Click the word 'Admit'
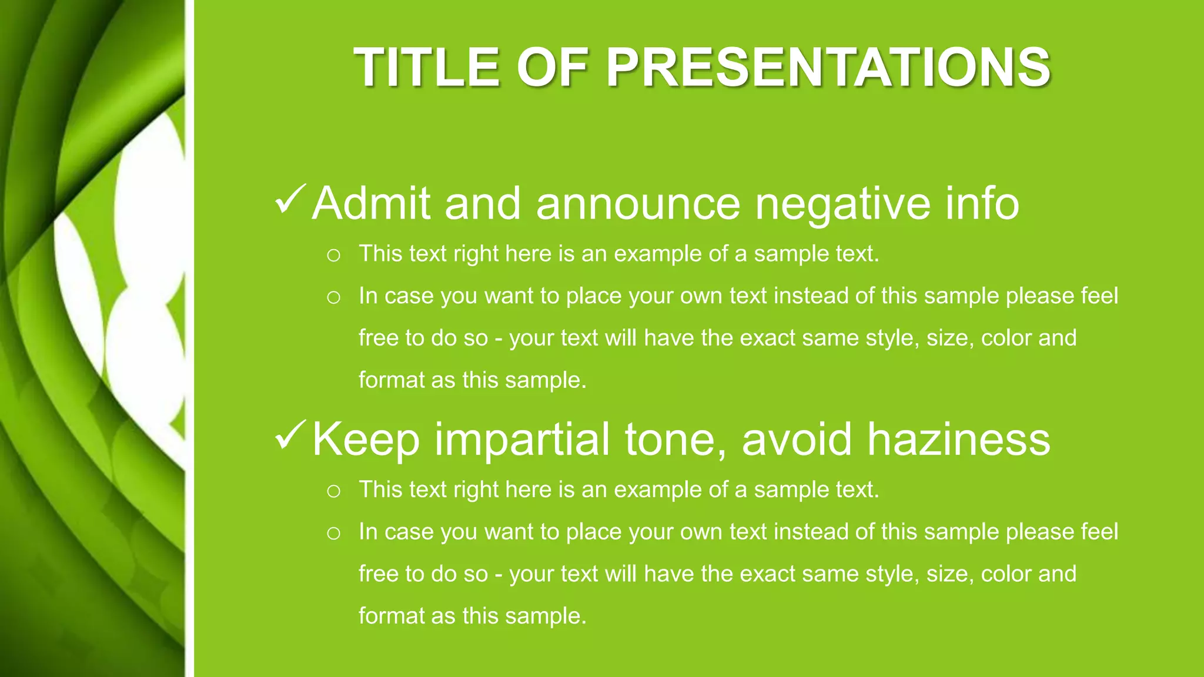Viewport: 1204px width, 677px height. (372, 203)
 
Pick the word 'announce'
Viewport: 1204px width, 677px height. (638, 205)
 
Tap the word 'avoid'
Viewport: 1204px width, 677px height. (797, 439)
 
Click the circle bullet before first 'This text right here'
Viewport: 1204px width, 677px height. (333, 255)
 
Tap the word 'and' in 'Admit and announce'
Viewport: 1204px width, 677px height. (483, 203)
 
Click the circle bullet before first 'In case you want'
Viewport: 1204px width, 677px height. (333, 297)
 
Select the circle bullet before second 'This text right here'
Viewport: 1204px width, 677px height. (333, 491)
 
